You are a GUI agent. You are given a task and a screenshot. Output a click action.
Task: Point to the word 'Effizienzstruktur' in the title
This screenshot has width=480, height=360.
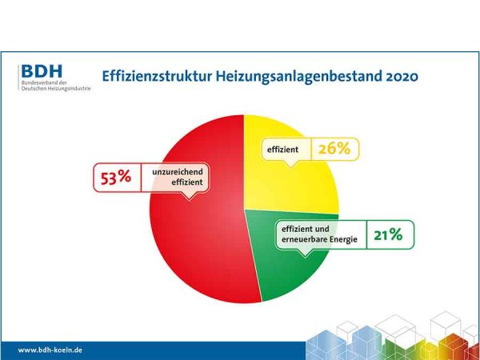point(151,76)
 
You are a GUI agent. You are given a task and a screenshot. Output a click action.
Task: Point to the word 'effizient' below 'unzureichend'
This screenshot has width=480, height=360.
point(183,182)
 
